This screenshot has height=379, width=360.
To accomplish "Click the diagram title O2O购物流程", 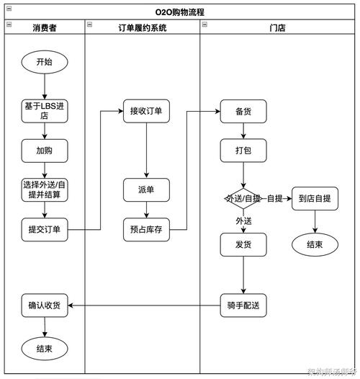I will [x=180, y=12].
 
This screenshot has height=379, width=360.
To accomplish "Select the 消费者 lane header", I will [x=45, y=27].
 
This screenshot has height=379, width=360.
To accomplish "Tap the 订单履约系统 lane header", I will [x=142, y=27].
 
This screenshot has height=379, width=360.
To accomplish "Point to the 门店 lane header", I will [x=277, y=27].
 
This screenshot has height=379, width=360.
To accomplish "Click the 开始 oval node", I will [x=44, y=62].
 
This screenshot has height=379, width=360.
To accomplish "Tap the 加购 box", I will [x=44, y=151].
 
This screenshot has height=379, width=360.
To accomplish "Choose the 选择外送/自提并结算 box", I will [x=44, y=189].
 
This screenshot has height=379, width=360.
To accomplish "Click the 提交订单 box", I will [x=44, y=230].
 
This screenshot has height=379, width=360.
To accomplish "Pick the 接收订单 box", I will [x=146, y=112].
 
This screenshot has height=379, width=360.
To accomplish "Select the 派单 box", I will [x=146, y=190].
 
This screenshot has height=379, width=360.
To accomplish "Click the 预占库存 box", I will [x=146, y=230].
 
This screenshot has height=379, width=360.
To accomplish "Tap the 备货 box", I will [x=243, y=112].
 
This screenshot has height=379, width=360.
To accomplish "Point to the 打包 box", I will [x=243, y=151].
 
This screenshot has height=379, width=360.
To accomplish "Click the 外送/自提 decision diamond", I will [x=243, y=198].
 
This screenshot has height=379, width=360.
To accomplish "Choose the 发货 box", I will [x=243, y=244].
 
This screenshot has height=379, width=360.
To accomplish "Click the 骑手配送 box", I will [x=243, y=306].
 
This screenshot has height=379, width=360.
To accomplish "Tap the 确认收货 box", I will [x=44, y=306].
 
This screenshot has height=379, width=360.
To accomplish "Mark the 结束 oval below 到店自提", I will [x=315, y=244].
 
